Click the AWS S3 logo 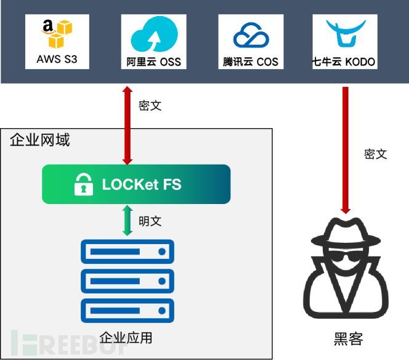point(57,33)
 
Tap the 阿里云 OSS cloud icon point(153,33)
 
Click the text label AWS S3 point(57,61)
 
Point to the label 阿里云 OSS point(153,62)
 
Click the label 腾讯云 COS point(250,62)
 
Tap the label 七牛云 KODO point(345,62)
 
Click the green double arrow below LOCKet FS point(128,221)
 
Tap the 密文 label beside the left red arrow point(150,105)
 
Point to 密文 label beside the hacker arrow point(376,154)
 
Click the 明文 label point(150,221)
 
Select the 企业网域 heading point(40,140)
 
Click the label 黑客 point(349,339)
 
